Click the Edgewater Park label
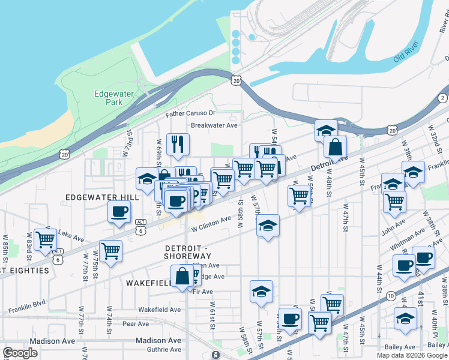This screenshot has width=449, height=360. (x=109, y=98)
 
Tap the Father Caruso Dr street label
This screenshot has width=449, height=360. (x=190, y=113)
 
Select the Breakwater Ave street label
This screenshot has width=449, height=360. (x=214, y=125)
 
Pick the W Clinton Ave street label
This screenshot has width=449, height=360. (x=211, y=224)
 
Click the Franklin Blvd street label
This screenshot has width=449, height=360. (x=28, y=310)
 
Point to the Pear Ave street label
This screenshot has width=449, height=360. (x=135, y=324)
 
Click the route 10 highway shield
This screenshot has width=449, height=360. (x=390, y=295)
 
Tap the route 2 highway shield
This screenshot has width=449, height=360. (x=443, y=98)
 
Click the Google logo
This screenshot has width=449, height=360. (x=20, y=353)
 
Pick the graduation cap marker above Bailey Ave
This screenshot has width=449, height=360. (x=405, y=318)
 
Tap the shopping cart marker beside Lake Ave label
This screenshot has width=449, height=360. (x=45, y=239)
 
